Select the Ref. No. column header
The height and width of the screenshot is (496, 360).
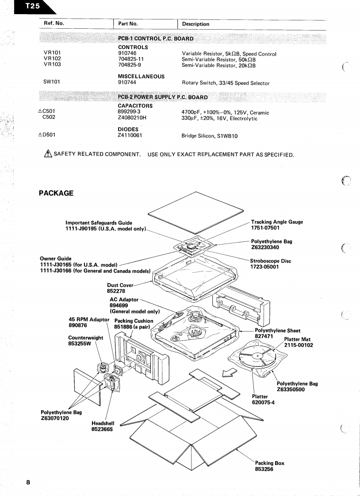click(54, 23)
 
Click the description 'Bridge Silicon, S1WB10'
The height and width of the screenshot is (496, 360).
click(210, 136)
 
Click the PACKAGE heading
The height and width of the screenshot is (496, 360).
click(56, 193)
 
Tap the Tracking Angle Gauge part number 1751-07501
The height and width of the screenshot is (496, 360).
click(265, 228)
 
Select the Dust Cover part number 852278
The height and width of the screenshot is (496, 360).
click(116, 291)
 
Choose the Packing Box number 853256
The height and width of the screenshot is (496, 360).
click(264, 469)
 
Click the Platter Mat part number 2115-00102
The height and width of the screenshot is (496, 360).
click(299, 345)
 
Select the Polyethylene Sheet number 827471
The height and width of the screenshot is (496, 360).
click(266, 336)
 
